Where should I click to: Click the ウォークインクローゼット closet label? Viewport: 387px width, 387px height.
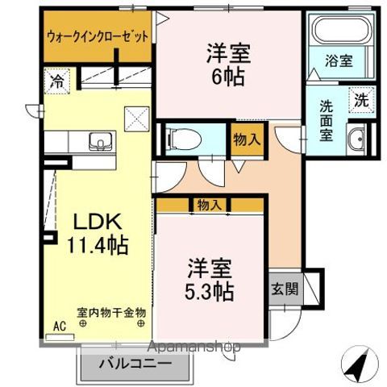coord(98,35)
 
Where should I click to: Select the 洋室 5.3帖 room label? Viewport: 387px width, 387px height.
coord(211,279)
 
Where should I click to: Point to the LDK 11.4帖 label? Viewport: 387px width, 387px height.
coord(98,231)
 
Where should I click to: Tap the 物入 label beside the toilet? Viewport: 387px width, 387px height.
coord(246,139)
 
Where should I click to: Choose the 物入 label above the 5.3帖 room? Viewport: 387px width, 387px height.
coord(210,206)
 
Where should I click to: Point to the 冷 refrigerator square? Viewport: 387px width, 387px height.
coord(56,81)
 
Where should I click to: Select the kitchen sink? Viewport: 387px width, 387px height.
coord(102,142)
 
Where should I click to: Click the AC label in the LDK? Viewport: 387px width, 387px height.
coord(58,327)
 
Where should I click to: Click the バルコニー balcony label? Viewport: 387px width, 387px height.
coord(135,364)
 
